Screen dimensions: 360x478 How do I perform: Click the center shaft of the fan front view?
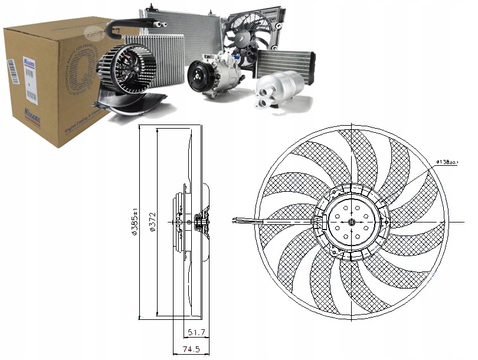(x=352, y=222)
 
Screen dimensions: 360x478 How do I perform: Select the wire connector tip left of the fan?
(x=237, y=221)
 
